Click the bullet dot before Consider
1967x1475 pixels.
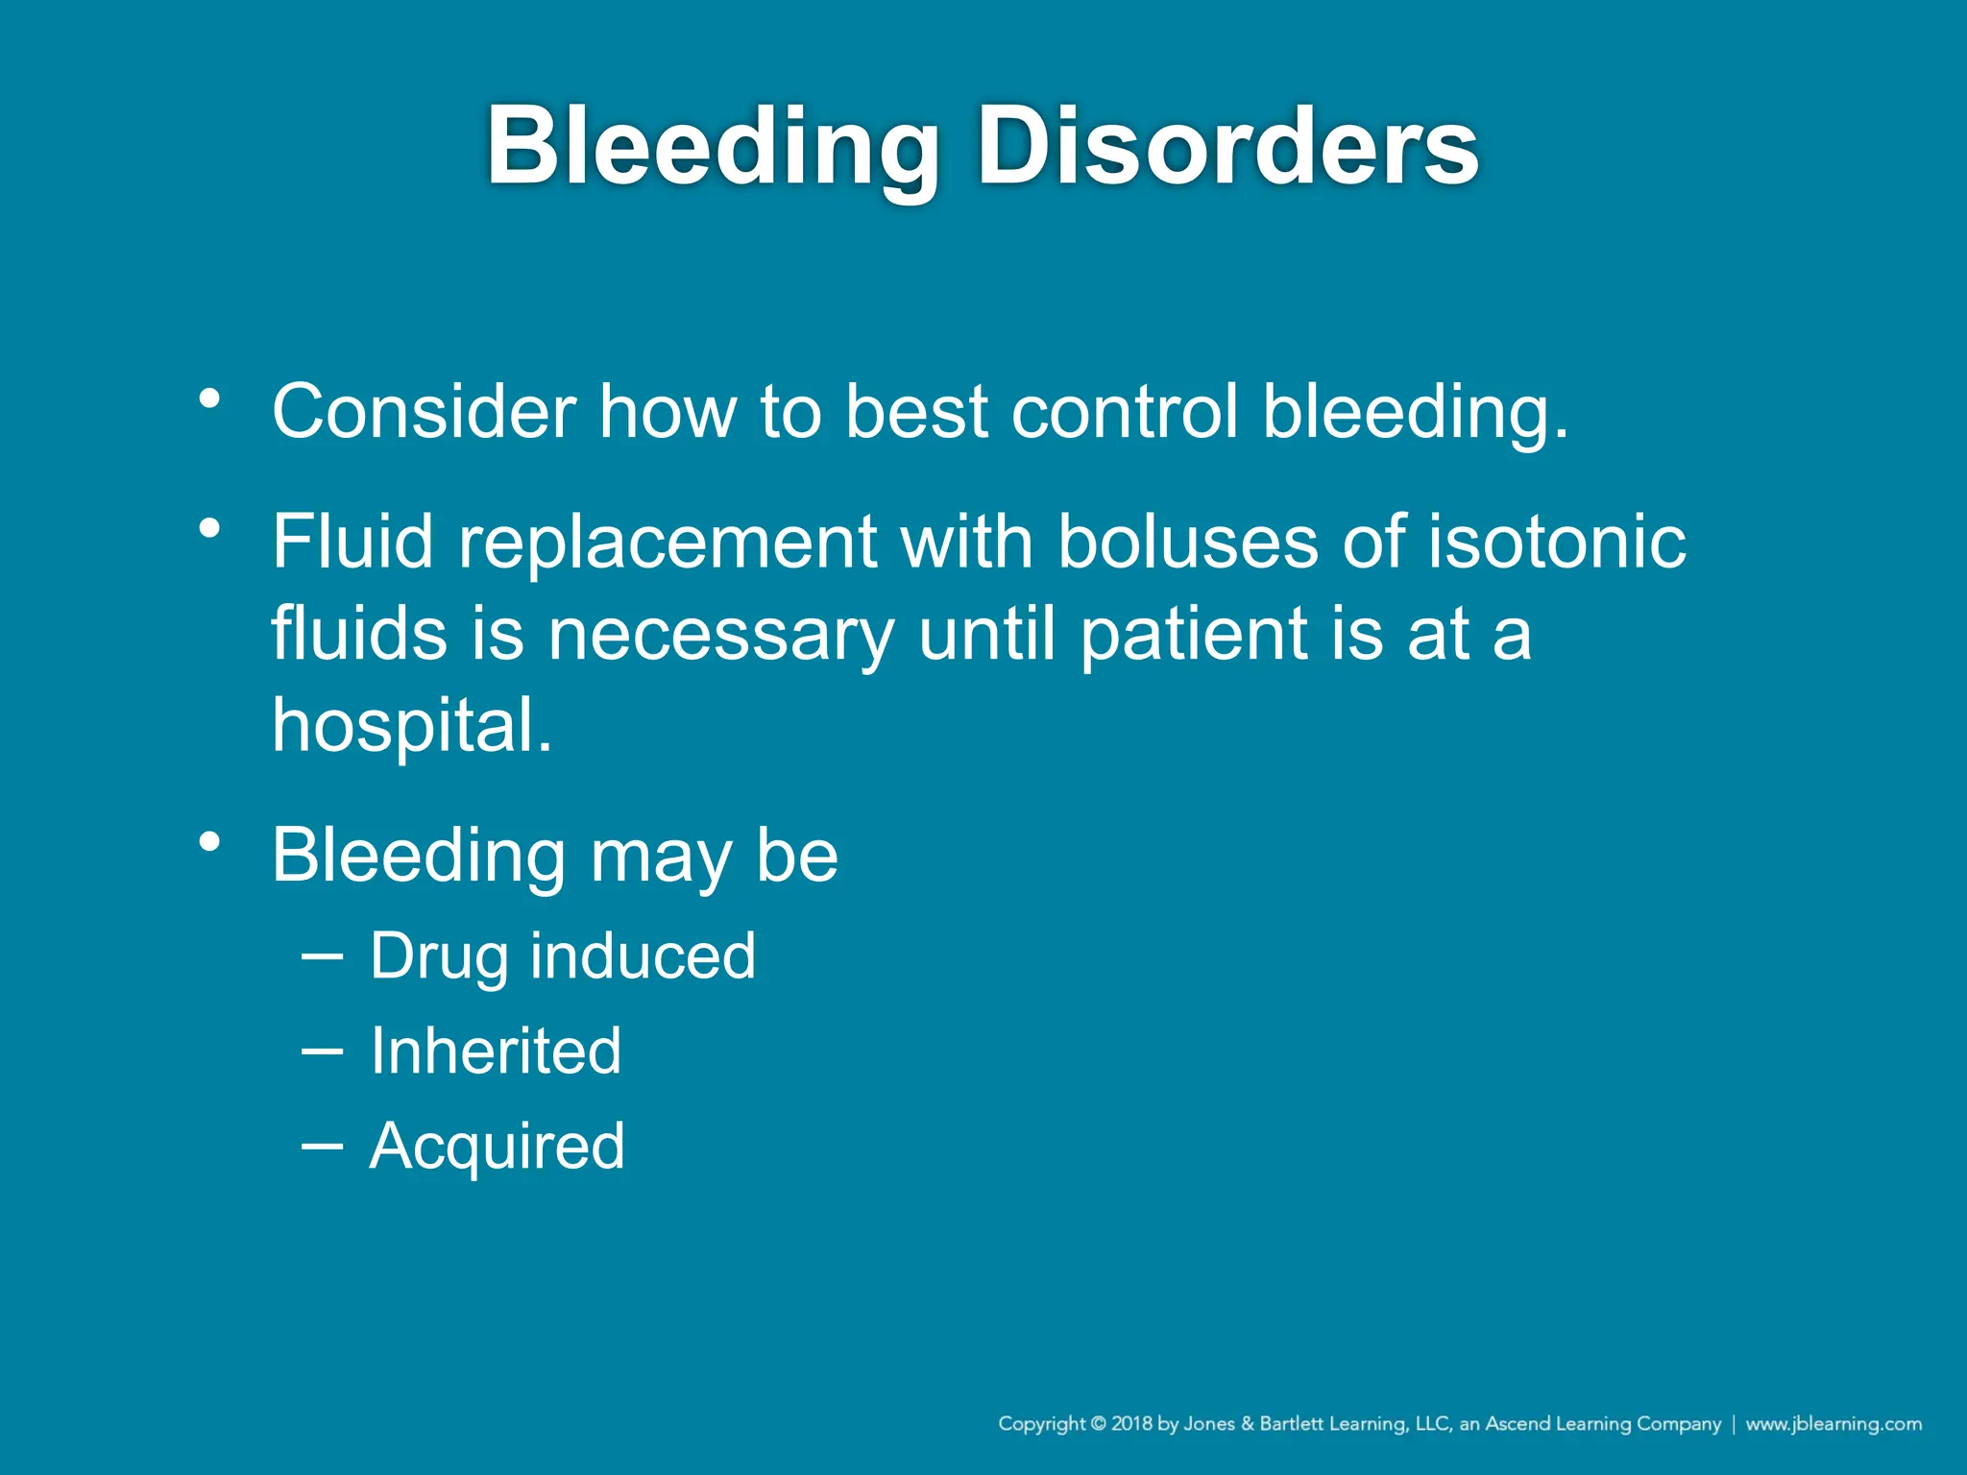210,398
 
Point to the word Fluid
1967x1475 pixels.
352,542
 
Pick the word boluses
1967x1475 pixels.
1187,542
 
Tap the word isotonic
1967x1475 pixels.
1556,542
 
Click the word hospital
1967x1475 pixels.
411,726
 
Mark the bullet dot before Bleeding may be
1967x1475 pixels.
210,842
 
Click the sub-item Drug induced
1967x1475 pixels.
563,956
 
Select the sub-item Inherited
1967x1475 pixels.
496,1051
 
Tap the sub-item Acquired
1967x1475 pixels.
497,1145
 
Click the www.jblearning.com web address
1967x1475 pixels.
1833,1424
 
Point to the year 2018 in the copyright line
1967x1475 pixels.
1131,1424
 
